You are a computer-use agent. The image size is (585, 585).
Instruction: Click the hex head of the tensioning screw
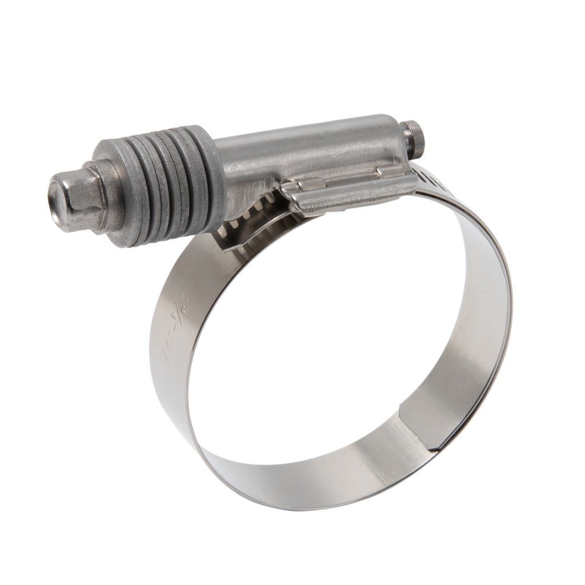86,194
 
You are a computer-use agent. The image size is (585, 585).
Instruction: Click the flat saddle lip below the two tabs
354,194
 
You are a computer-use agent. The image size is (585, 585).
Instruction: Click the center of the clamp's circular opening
337,337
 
